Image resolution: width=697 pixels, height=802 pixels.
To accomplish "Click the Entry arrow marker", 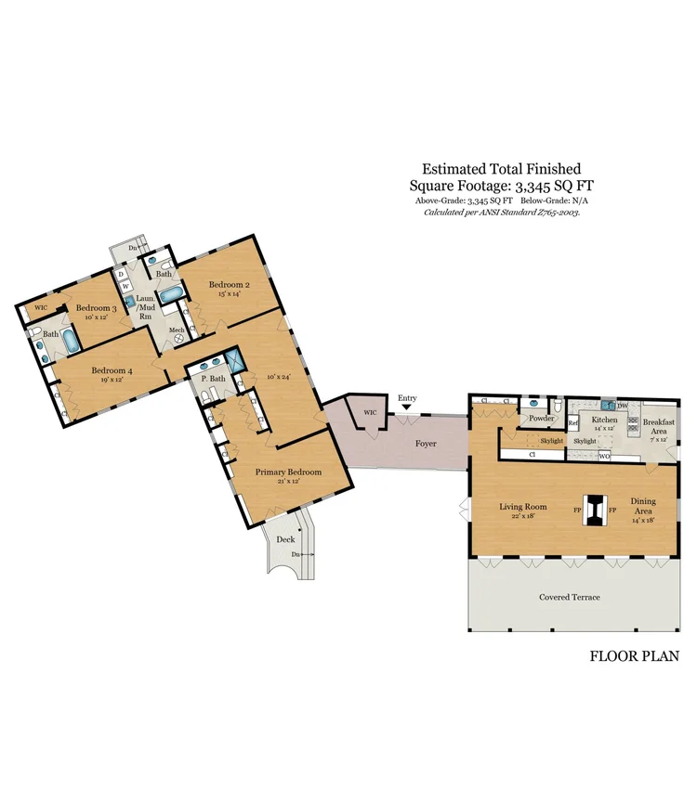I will [406, 407].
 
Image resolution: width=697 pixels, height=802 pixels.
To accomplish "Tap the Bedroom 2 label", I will [229, 285].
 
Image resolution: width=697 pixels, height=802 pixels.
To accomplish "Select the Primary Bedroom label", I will [288, 472].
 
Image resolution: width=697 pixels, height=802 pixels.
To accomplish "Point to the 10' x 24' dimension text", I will [279, 377].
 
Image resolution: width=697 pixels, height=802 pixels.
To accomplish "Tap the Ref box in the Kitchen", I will [573, 423].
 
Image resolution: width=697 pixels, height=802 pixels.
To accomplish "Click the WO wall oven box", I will [603, 456].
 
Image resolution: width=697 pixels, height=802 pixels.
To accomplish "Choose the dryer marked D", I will [122, 275].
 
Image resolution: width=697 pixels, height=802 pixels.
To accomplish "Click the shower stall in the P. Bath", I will [238, 360].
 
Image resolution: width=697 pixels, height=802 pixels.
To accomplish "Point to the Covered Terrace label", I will [569, 597].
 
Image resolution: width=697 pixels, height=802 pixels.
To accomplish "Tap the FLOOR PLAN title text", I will [634, 655].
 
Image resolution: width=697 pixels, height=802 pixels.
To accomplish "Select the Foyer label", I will [425, 444].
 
